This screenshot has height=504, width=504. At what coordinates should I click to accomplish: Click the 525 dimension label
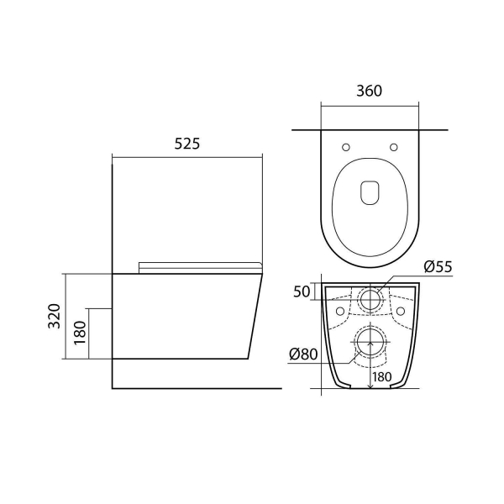(x=187, y=144)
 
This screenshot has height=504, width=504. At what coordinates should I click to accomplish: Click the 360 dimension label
(x=370, y=91)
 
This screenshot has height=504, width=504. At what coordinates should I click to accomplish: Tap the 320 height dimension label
(x=55, y=316)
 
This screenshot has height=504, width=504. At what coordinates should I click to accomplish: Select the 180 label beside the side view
(x=81, y=333)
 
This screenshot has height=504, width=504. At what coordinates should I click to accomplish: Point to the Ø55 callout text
(x=438, y=267)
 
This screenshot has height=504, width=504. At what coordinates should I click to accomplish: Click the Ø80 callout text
(x=303, y=354)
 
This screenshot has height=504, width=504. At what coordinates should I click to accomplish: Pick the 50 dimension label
(x=302, y=291)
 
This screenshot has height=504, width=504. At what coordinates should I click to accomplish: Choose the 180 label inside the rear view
(x=382, y=377)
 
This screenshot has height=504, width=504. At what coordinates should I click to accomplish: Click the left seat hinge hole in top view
(x=346, y=147)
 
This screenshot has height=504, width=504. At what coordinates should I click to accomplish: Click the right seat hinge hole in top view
(x=394, y=147)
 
